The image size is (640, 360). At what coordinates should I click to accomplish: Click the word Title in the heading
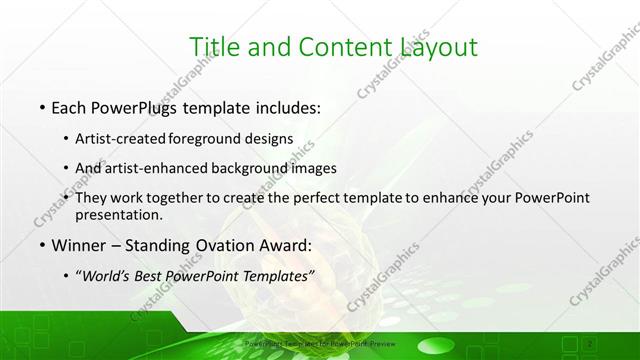point(213,46)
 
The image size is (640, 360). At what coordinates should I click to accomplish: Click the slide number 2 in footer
point(591,343)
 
